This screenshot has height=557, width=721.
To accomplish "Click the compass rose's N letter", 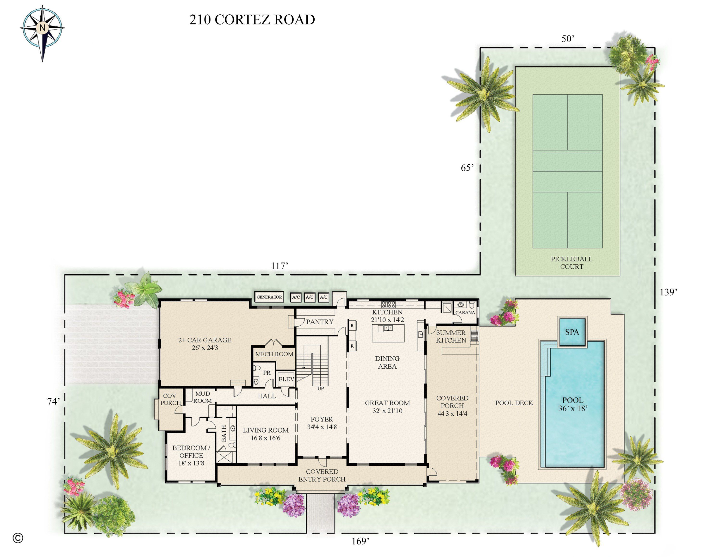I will click(x=42, y=28).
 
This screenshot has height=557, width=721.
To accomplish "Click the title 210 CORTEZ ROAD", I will click(x=252, y=20).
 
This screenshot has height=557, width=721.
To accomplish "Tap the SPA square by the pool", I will click(x=572, y=332).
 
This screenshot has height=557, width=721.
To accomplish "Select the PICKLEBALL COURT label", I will click(x=572, y=263).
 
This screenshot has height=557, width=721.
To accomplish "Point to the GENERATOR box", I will click(x=269, y=297).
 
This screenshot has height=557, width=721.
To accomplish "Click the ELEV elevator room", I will click(x=286, y=379).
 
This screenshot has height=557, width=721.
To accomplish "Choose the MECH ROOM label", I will click(x=274, y=354).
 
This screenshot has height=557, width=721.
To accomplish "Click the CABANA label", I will click(x=465, y=312).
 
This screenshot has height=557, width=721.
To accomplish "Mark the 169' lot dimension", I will click(x=360, y=541).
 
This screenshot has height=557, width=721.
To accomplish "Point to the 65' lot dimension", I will click(x=467, y=168).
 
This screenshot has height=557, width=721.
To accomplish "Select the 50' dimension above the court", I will click(x=568, y=39).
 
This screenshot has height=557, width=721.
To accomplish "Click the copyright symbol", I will click(x=18, y=538).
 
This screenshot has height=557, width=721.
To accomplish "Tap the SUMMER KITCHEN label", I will click(x=451, y=336).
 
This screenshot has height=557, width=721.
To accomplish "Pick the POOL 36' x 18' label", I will click(x=573, y=404).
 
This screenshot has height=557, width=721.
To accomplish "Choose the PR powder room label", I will click(x=267, y=373).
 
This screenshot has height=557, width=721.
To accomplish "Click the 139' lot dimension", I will click(x=669, y=292).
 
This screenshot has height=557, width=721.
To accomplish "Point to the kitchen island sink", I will click(x=388, y=328).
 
